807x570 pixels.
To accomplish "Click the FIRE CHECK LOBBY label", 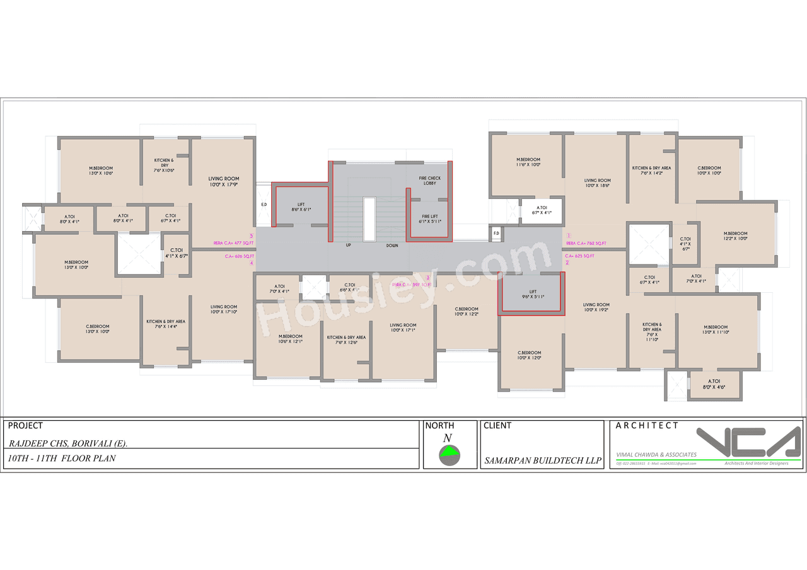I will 430,181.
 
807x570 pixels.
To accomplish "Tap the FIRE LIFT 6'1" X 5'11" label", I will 430,218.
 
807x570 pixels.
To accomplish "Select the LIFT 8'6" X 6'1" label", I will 300,207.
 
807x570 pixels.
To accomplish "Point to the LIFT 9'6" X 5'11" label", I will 533,294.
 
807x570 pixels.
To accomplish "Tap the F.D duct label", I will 496,234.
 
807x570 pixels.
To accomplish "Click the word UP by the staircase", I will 348,245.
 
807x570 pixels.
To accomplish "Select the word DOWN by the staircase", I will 392,246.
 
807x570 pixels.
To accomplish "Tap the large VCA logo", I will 749,443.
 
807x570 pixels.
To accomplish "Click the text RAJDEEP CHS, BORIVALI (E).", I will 69,443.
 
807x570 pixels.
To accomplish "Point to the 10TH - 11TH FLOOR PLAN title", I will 62,459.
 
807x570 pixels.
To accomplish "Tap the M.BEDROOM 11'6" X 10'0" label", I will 528,162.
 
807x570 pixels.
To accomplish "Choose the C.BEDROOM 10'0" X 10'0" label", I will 709,171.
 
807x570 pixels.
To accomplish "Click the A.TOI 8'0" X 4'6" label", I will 714,384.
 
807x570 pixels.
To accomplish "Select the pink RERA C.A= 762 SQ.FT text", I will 586,243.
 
